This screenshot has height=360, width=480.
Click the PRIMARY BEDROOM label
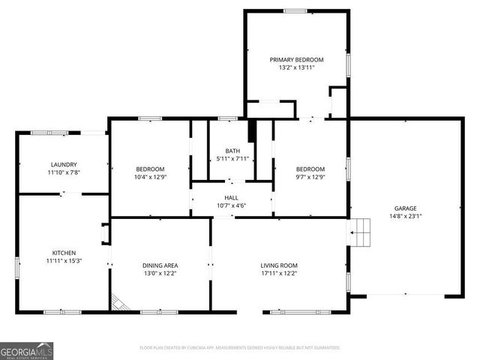[x=296, y=59]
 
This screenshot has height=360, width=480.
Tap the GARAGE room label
[x=406, y=208]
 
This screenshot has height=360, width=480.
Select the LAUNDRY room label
[x=64, y=164]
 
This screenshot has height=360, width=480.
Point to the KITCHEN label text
[x=64, y=253]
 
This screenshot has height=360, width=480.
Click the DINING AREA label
[x=160, y=265]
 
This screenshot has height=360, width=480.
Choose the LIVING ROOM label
[x=279, y=265]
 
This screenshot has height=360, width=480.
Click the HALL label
[x=231, y=197]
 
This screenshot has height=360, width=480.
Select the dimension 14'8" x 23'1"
[x=406, y=217]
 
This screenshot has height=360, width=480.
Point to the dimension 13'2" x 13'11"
[x=296, y=67]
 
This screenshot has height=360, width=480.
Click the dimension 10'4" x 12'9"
[x=150, y=177]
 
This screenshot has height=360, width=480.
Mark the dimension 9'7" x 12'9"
[x=310, y=177]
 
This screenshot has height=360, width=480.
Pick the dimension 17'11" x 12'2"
[x=279, y=274]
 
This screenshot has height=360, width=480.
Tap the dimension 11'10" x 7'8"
[x=64, y=172]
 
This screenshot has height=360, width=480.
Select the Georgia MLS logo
[x=27, y=350]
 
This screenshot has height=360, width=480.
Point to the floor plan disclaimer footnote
[x=240, y=348]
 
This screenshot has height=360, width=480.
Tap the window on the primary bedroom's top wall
[x=295, y=10]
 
